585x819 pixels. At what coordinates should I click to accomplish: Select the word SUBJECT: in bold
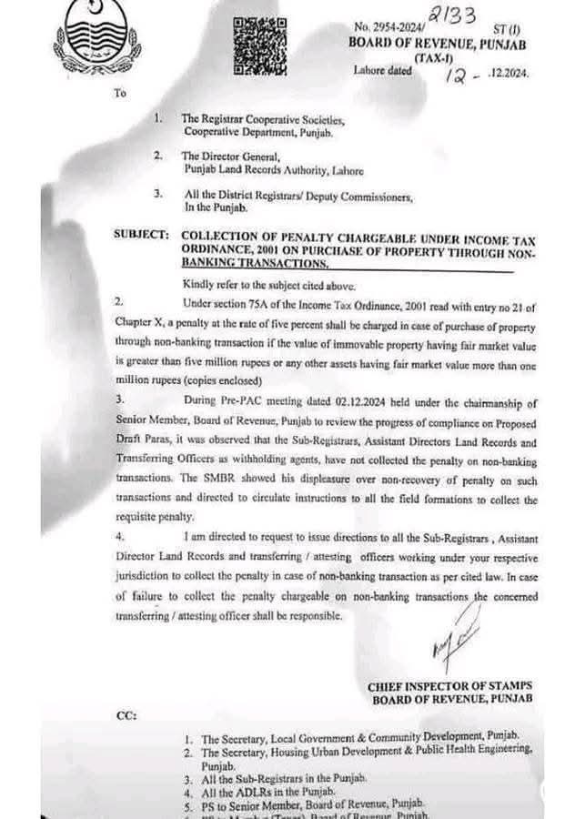point(141,234)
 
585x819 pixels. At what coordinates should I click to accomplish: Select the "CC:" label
point(126,715)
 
